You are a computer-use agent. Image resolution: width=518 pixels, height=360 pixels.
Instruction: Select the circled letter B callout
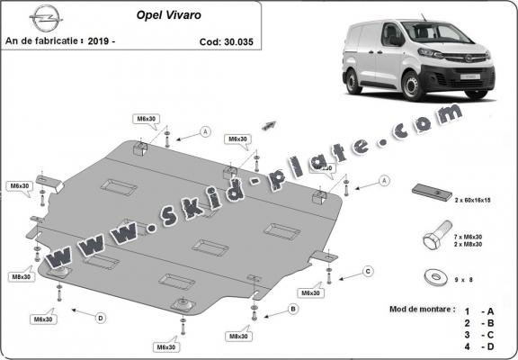[292, 310]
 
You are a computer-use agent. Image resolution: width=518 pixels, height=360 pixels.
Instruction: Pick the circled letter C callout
[368, 271]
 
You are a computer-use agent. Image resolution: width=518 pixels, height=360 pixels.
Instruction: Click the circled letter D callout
[100, 317]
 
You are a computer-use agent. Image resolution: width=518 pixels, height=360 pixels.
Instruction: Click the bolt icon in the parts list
[433, 238]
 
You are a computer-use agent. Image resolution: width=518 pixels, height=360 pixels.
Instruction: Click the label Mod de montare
[422, 308]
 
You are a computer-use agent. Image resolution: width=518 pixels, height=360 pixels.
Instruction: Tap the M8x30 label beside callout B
[237, 336]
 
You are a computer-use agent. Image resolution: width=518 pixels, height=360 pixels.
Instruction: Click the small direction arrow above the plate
[267, 121]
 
